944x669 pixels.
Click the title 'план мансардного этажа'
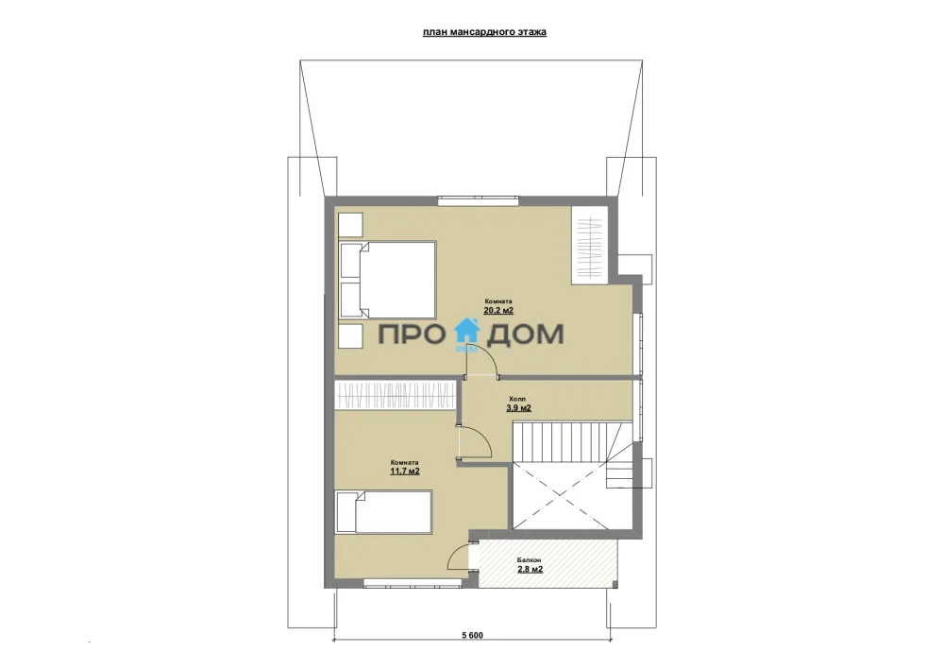pos(484,32)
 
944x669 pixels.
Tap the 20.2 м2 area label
pos(498,311)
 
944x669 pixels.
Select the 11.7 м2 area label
pos(405,472)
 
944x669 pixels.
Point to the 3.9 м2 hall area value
pos(518,408)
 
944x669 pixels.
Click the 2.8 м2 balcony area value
pos(530,569)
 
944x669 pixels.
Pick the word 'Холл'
pos(516,399)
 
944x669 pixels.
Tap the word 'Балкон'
pos(530,560)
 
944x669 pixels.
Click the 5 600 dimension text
pos(473,635)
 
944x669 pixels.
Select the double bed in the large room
pos(387,280)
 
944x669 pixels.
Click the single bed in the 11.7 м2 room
pos(384,512)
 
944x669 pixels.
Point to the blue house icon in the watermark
pos(466,332)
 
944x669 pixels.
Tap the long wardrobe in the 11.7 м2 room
pos(395,395)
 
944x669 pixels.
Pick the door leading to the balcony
pos(463,555)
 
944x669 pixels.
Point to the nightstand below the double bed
pos(349,335)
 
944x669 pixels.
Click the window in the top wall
pos(478,200)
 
